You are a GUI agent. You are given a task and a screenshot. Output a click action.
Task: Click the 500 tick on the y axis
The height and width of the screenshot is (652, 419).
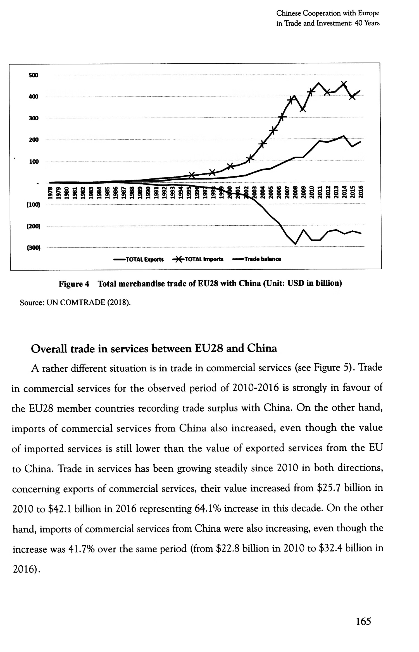pyautogui.click(x=33, y=75)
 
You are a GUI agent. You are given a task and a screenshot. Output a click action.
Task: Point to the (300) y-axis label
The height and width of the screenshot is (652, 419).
pyautogui.click(x=34, y=248)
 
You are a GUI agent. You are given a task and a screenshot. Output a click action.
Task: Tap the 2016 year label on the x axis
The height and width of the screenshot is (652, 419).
pyautogui.click(x=361, y=192)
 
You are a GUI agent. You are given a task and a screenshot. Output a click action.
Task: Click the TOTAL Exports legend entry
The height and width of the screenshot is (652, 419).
pyautogui.click(x=139, y=259)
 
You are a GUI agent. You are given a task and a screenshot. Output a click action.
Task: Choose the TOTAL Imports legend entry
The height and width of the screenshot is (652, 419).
pyautogui.click(x=198, y=259)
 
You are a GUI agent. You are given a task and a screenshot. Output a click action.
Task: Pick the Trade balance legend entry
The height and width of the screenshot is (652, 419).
pyautogui.click(x=257, y=259)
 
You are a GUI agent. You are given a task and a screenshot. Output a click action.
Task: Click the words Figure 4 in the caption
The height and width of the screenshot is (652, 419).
pyautogui.click(x=74, y=284)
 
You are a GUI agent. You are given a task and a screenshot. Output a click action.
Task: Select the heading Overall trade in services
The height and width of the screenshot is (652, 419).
pyautogui.click(x=154, y=349)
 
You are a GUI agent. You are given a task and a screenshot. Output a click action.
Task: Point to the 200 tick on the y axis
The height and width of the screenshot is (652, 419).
pyautogui.click(x=34, y=140)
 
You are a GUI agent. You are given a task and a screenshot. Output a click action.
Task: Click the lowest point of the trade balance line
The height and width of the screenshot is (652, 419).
pyautogui.click(x=295, y=244)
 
